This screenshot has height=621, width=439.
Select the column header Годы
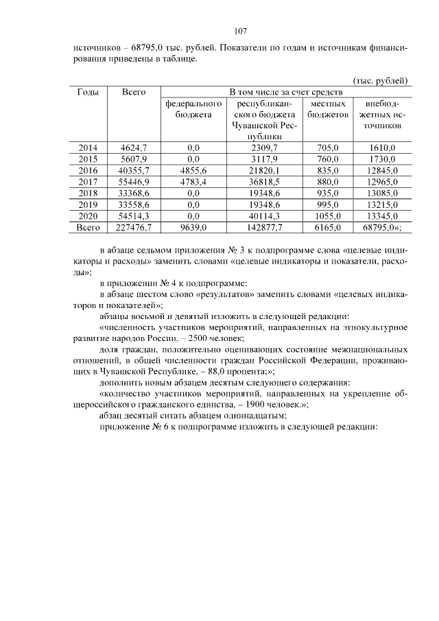point(88,92)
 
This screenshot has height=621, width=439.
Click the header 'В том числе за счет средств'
point(285,92)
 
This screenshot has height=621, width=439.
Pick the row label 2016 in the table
point(88,169)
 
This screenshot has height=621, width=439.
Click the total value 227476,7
point(134,226)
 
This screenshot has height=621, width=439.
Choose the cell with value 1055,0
point(327,215)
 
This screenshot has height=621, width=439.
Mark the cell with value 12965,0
point(381,181)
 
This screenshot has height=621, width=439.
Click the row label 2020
point(88,215)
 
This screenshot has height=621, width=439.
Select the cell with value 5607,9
point(134,159)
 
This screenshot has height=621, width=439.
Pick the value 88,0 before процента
point(218,371)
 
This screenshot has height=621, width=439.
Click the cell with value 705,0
point(327,148)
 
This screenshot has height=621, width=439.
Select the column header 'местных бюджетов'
point(327,108)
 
